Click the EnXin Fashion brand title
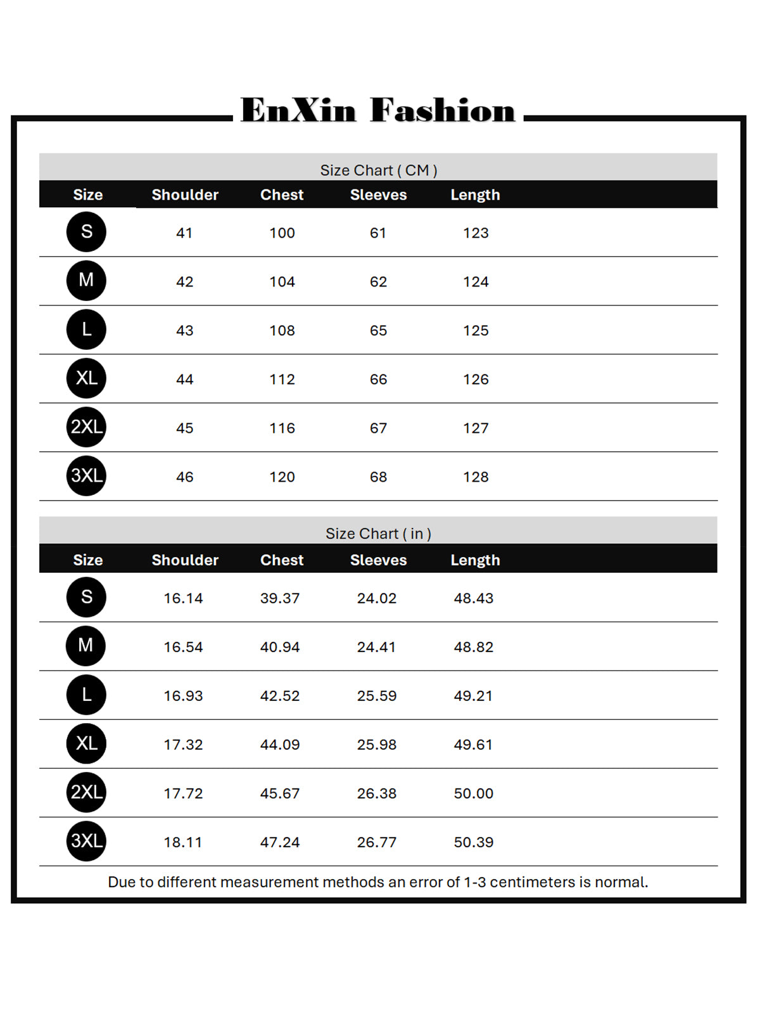[378, 110]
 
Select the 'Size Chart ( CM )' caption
[378, 170]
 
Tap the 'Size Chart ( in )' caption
[378, 534]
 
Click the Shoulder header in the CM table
[185, 195]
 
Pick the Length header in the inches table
[475, 560]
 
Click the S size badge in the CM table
[86, 232]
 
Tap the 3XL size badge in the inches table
[86, 841]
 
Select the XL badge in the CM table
[86, 378]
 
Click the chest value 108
[282, 330]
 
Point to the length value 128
[476, 477]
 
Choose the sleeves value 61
[378, 233]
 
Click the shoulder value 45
[184, 428]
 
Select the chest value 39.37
[280, 598]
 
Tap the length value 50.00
[473, 793]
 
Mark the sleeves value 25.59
[377, 696]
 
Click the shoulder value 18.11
[183, 842]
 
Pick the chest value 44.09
[280, 745]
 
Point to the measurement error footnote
[378, 882]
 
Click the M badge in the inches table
[86, 646]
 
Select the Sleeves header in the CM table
[378, 195]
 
